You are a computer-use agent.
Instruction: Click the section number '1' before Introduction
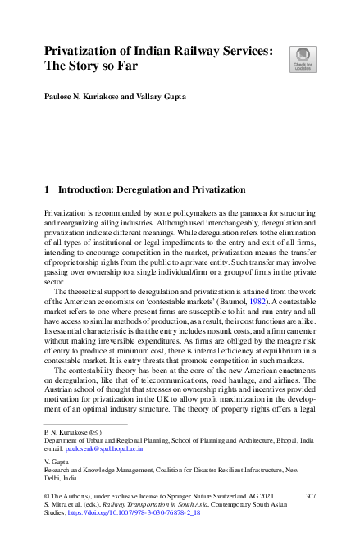pos(47,190)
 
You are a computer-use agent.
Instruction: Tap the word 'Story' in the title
pos(88,69)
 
